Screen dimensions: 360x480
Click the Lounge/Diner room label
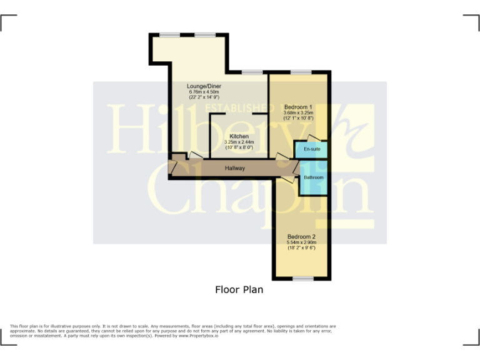coord(204,86)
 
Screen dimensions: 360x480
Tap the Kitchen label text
coord(239,136)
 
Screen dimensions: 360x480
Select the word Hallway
coord(235,168)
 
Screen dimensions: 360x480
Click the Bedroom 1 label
coord(298,106)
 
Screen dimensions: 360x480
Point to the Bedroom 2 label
coord(301,237)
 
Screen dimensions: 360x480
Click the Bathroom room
coord(313,177)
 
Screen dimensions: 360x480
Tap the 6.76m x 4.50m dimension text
coord(204,92)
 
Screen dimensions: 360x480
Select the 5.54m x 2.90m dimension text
coord(301,242)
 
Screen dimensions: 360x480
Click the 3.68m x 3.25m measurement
coord(298,112)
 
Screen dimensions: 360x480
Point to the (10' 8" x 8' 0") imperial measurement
coord(239,148)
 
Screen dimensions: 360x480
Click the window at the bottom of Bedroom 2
coord(303,278)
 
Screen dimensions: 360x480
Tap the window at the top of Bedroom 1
coord(301,72)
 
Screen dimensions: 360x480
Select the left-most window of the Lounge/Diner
coord(169,35)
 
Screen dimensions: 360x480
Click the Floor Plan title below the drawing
coord(239,290)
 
